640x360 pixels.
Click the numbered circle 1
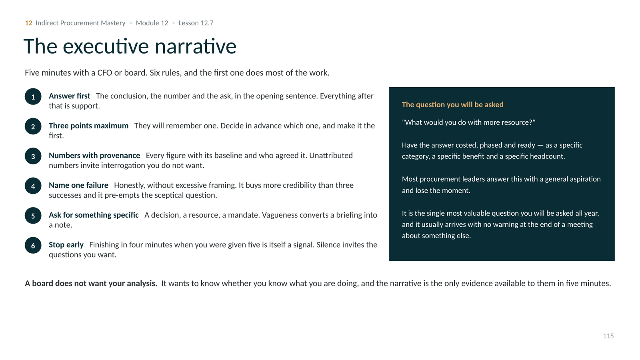click(x=33, y=96)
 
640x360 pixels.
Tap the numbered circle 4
click(x=33, y=186)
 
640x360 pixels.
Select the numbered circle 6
click(x=33, y=245)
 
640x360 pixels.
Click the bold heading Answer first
click(x=70, y=96)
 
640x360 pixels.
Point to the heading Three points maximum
click(x=88, y=126)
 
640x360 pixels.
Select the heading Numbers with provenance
click(x=94, y=156)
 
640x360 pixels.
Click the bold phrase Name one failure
click(x=78, y=185)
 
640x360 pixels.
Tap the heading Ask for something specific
click(x=94, y=215)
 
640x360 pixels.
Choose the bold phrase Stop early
click(x=66, y=245)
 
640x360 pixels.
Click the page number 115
click(x=608, y=336)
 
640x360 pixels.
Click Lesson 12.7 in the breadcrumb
click(x=196, y=23)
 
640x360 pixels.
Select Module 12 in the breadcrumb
click(x=152, y=23)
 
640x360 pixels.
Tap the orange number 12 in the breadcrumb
click(x=28, y=23)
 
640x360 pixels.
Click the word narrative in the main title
click(x=196, y=46)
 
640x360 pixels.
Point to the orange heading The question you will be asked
click(x=452, y=104)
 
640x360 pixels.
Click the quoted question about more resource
click(x=468, y=122)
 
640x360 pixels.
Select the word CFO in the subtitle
click(x=105, y=72)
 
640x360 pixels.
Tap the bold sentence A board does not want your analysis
click(x=91, y=284)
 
